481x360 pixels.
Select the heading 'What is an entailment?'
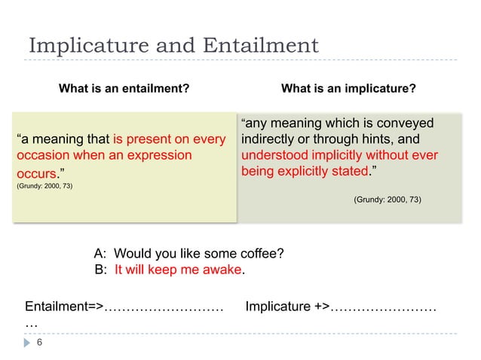click(x=124, y=89)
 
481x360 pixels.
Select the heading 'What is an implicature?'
click(x=348, y=89)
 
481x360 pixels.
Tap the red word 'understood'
click(x=275, y=155)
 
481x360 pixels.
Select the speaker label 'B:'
click(x=100, y=270)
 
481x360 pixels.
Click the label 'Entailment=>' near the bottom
click(x=64, y=307)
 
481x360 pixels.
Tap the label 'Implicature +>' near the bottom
click(x=287, y=307)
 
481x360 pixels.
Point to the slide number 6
click(x=39, y=343)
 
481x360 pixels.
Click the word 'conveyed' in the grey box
click(x=408, y=123)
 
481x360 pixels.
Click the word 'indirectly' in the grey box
click(x=270, y=139)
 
